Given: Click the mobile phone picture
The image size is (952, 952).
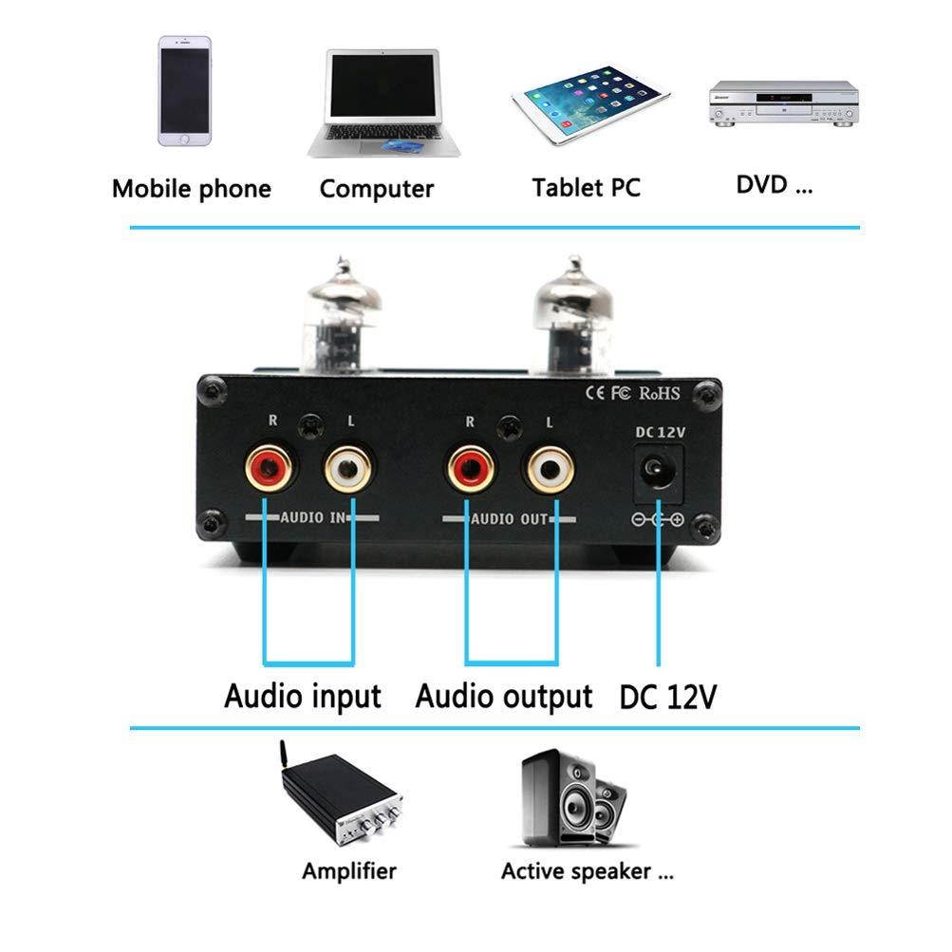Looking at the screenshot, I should (185, 91).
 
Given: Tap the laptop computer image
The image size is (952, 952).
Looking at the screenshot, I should (383, 103).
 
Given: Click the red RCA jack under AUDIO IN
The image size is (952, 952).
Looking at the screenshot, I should (269, 468).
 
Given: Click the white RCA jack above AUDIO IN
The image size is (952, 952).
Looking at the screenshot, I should (348, 468).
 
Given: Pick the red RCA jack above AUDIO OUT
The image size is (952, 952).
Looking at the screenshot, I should (470, 468).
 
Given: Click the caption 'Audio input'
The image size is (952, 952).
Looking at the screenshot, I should (302, 696).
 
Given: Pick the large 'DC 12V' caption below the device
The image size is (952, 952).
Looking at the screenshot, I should (667, 698).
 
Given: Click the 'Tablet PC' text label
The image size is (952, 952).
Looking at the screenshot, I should (586, 187).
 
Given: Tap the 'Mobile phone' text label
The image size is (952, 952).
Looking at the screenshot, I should (191, 188).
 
